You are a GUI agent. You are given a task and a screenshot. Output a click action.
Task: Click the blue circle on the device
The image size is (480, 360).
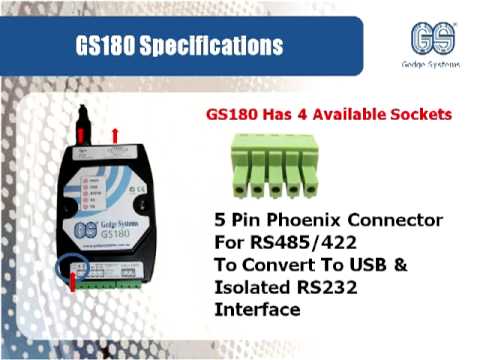[x=73, y=269]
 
